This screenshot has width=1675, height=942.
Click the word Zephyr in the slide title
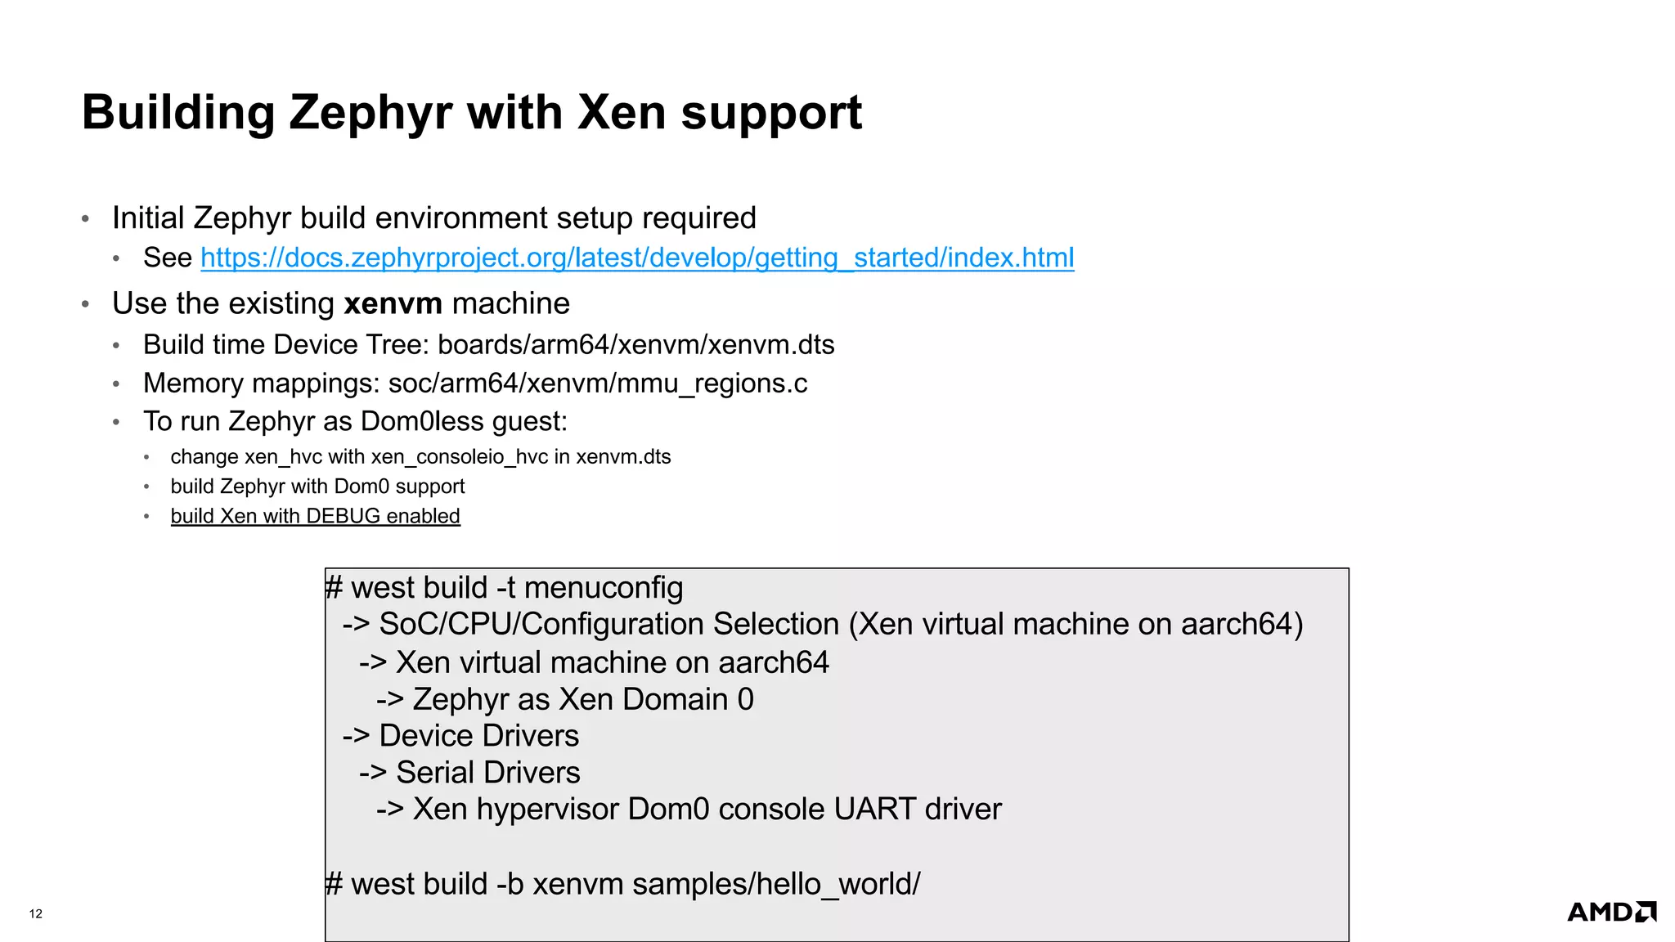[x=370, y=113]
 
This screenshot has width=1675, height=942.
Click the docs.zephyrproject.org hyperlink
[x=637, y=258]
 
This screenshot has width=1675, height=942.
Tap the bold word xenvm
[x=393, y=303]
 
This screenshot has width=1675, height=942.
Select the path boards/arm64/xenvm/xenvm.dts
[x=635, y=344]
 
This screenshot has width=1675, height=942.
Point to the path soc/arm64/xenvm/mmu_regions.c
[x=597, y=383]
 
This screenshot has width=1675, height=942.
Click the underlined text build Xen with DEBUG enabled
[x=315, y=516]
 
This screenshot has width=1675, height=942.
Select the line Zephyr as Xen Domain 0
[x=582, y=699]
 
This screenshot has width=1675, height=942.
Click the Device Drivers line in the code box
[x=478, y=735]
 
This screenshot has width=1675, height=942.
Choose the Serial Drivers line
[x=487, y=772]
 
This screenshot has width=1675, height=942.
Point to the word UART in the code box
[x=874, y=809]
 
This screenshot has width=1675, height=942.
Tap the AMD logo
[x=1610, y=912]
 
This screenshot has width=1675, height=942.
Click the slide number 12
[x=36, y=913]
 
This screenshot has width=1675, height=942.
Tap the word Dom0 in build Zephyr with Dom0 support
[x=361, y=487]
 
